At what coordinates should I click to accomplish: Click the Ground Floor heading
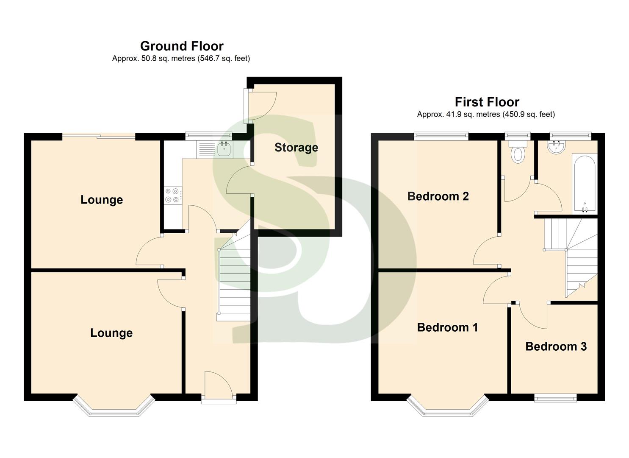point(182,46)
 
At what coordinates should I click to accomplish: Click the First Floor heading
point(487,102)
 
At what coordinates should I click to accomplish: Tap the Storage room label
point(296,148)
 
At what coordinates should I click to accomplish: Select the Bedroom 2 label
point(438,196)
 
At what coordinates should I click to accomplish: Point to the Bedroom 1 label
point(447,327)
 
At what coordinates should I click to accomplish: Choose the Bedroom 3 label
point(556,346)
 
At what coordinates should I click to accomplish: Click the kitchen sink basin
point(224,149)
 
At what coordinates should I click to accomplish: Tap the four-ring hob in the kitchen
point(172,195)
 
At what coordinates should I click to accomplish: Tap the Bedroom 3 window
point(555,397)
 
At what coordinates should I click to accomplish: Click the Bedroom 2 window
point(441,136)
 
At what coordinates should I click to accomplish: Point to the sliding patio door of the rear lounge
point(99,136)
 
